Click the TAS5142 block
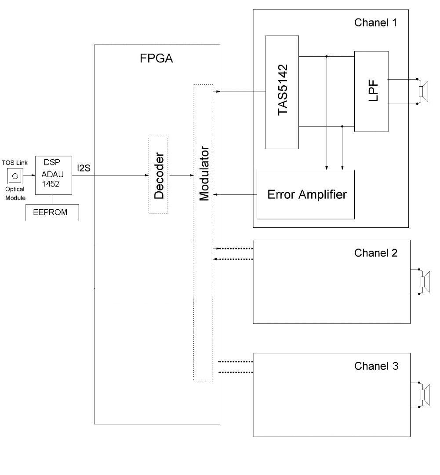tap(282, 92)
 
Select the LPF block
tap(371, 91)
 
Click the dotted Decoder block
tap(158, 175)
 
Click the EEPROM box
tap(52, 212)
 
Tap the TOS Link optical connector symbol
tap(15, 176)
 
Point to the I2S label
tap(84, 168)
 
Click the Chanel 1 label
tap(375, 23)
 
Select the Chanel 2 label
tap(376, 253)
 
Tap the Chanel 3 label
tap(376, 366)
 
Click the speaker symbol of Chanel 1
tap(423, 91)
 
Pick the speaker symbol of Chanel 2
tap(425, 281)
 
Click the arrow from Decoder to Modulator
tap(181, 175)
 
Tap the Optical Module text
tap(15, 194)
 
